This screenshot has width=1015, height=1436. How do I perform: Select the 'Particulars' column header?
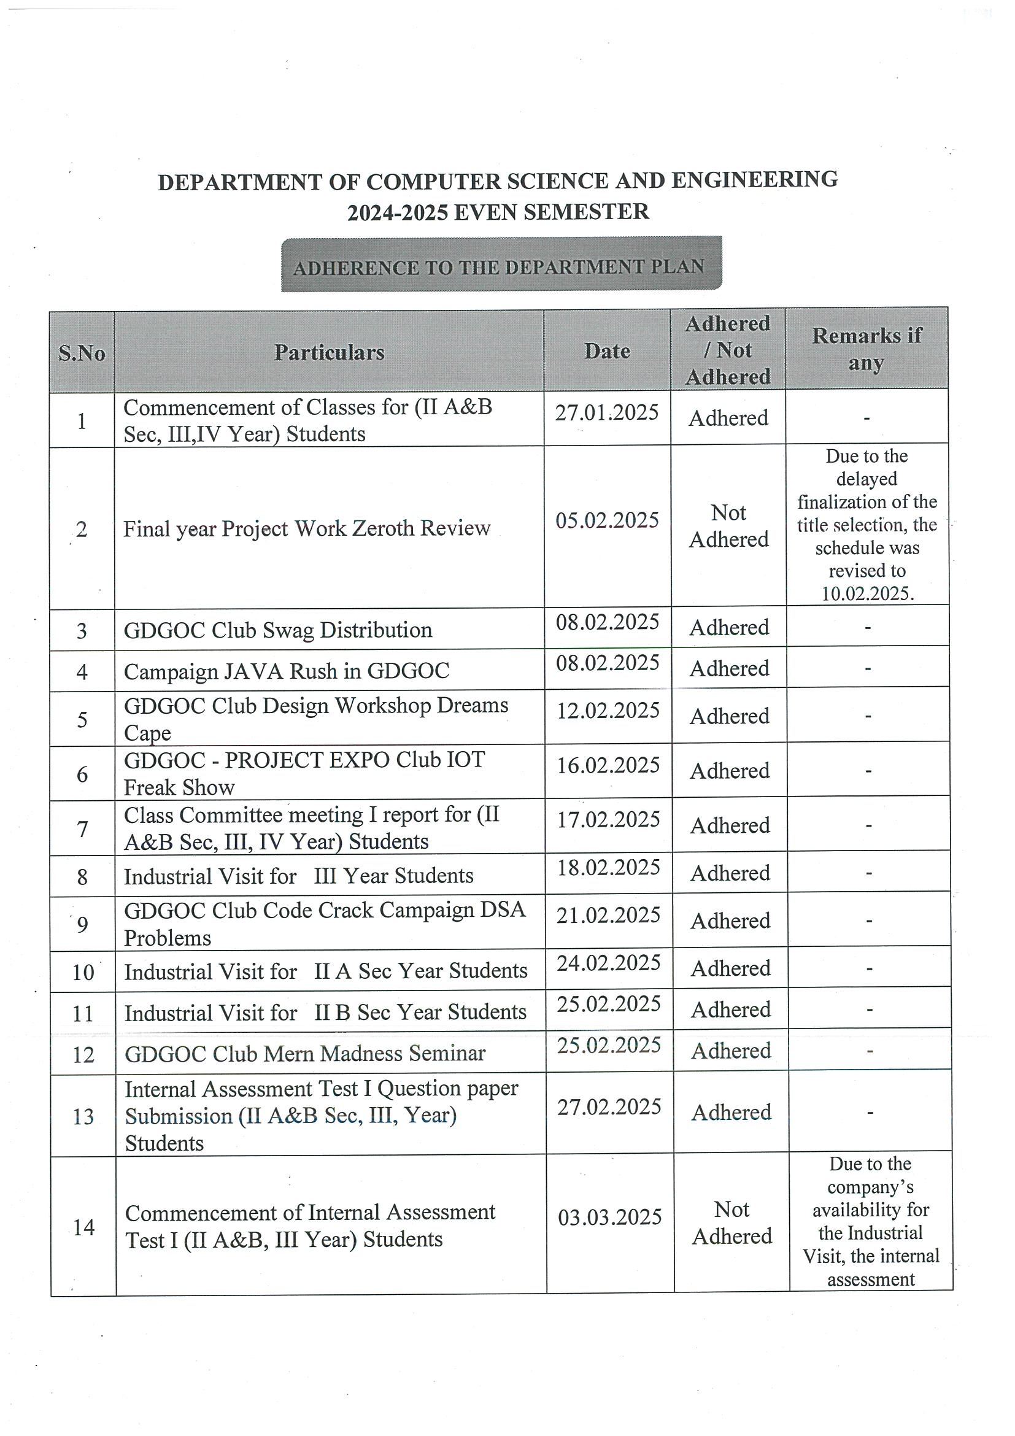click(x=329, y=353)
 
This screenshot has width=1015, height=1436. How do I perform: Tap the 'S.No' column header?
click(x=82, y=353)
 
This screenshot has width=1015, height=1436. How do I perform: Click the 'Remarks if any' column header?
click(x=866, y=349)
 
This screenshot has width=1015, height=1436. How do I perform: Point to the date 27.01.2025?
click(x=607, y=413)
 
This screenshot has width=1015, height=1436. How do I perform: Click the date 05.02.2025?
click(x=608, y=520)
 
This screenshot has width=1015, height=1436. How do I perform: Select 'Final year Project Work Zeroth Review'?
click(x=306, y=529)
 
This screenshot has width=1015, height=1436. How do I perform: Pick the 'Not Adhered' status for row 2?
click(x=728, y=526)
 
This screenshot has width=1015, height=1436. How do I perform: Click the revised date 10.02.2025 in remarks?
click(x=867, y=593)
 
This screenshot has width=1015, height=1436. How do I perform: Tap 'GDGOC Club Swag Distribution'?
click(x=277, y=630)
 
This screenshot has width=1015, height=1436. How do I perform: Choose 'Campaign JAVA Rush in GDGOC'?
click(x=287, y=671)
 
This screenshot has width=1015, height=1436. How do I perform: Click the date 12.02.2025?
click(x=608, y=711)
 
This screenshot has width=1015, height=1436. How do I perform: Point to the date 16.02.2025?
click(x=608, y=765)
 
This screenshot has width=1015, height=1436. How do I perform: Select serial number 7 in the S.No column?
click(x=83, y=829)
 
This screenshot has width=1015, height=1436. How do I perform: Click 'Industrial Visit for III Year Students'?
click(x=298, y=876)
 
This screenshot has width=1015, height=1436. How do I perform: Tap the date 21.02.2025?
click(x=609, y=915)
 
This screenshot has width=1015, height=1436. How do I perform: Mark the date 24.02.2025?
click(x=609, y=963)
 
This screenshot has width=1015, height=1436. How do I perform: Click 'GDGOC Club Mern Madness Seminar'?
click(x=304, y=1054)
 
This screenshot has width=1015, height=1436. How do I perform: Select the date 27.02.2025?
click(x=609, y=1107)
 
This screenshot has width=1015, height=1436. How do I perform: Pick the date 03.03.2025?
click(x=610, y=1217)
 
